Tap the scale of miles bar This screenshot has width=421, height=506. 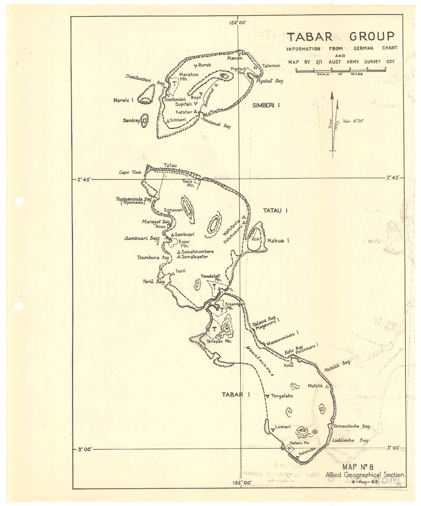coord(341,71)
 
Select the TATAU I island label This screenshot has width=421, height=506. coord(275,211)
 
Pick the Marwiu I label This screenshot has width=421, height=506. coord(123,100)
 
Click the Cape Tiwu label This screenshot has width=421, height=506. coord(129,172)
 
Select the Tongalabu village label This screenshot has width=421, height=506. coord(282,396)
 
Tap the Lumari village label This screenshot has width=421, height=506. coord(282,427)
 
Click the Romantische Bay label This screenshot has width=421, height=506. coord(352,426)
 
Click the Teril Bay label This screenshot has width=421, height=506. coord(154,282)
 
